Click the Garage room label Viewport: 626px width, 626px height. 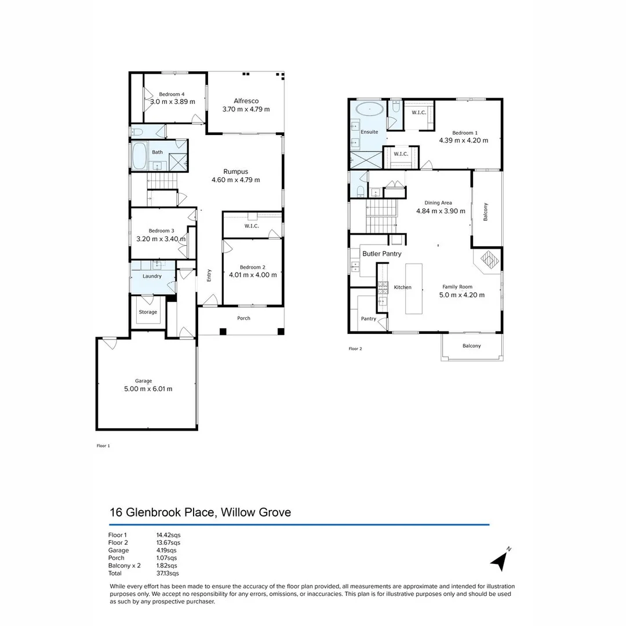(x=144, y=381)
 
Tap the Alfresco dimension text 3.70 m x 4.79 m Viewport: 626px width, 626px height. (x=246, y=109)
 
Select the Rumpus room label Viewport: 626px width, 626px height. (x=236, y=171)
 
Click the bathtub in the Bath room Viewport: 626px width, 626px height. (x=140, y=155)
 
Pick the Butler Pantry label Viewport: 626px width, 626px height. (x=381, y=254)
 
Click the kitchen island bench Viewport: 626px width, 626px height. (x=414, y=289)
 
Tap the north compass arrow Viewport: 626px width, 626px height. (x=500, y=560)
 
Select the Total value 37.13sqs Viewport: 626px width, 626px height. (x=168, y=573)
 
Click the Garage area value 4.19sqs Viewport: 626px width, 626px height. (x=167, y=550)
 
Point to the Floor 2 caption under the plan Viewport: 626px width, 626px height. (x=355, y=349)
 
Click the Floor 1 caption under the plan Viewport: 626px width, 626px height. (x=103, y=446)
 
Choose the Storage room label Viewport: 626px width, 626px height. (x=148, y=312)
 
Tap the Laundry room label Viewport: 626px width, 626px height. (x=152, y=276)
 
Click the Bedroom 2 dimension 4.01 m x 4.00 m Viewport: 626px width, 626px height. (x=253, y=275)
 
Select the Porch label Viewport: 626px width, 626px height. (x=243, y=318)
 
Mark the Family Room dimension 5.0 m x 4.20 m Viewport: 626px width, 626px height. (x=462, y=294)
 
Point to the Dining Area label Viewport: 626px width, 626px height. (x=438, y=203)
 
